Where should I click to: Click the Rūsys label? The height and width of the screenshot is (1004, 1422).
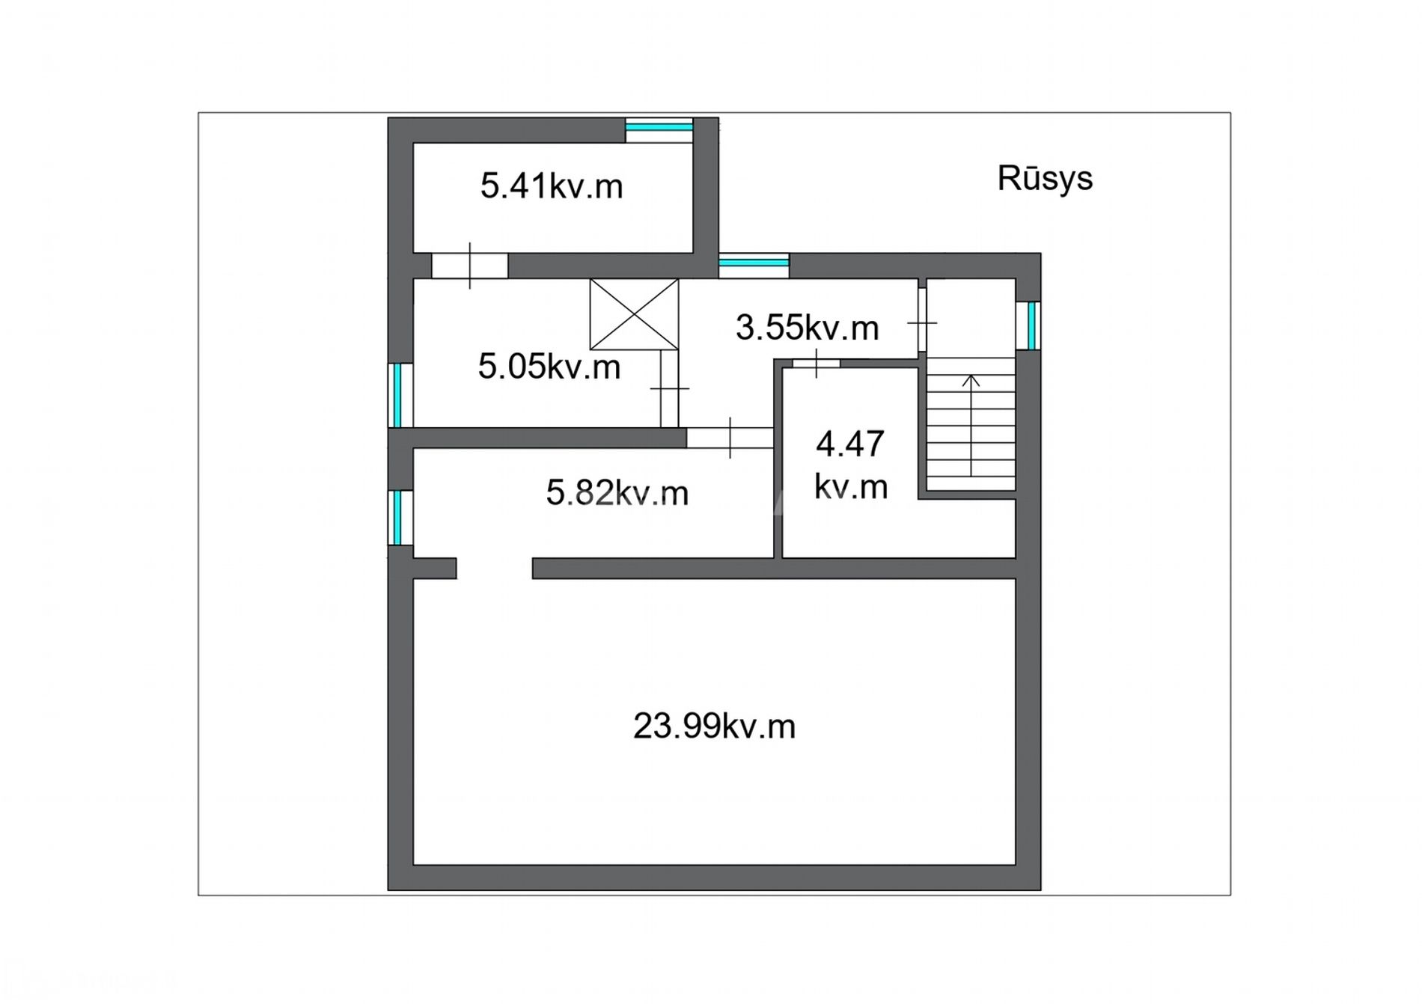pos(1045,179)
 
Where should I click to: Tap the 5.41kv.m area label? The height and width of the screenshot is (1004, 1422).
pos(552,186)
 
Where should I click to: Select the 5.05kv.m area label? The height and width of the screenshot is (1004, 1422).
pos(549,367)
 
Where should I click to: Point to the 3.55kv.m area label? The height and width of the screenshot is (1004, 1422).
pos(807,328)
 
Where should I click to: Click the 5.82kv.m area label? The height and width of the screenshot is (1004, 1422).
pos(617,493)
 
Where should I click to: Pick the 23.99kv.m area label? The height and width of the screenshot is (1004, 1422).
pos(714,726)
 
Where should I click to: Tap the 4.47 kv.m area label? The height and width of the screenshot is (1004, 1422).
pos(851,465)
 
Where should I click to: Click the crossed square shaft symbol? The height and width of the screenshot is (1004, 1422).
pos(634,314)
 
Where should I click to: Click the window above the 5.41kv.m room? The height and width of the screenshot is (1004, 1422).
pos(659,129)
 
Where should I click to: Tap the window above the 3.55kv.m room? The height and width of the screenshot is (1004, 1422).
pos(754,266)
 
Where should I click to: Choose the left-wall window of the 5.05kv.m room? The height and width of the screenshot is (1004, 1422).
pos(401,395)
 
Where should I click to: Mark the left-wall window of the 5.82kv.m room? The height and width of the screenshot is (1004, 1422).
pos(401,518)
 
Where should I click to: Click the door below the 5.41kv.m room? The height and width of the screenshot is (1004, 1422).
pos(470,266)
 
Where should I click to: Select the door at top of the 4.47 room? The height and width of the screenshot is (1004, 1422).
pos(816,364)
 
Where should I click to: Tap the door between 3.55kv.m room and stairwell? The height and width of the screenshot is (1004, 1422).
pos(922,322)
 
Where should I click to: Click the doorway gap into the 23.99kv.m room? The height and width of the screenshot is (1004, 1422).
pos(494,568)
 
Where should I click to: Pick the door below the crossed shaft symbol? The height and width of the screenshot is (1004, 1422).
pos(669,388)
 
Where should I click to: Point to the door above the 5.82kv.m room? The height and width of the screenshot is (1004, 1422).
pos(730,438)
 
